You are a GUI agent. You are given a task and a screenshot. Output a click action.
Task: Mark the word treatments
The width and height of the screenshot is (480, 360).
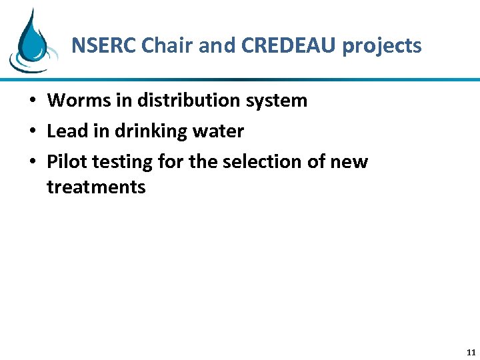pos(96,187)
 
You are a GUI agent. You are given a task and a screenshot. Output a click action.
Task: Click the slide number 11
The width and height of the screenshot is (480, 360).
pos(471,353)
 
